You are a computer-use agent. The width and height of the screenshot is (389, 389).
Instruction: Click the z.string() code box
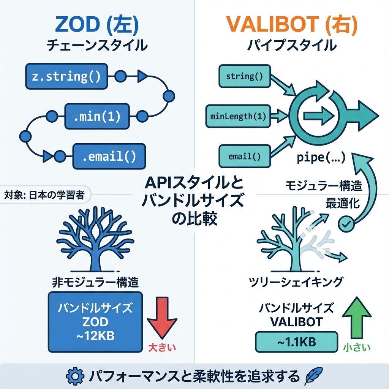click(x=65, y=76)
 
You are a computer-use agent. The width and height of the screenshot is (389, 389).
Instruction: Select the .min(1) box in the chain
click(x=98, y=116)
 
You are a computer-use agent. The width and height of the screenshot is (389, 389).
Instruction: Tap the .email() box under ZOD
click(x=109, y=156)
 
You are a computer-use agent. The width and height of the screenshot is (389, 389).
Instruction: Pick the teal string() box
click(x=244, y=76)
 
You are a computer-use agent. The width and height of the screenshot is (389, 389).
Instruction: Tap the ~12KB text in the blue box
click(x=95, y=335)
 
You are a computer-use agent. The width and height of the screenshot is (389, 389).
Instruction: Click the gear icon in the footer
click(x=74, y=376)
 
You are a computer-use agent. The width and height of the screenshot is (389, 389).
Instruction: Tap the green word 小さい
click(x=356, y=347)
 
